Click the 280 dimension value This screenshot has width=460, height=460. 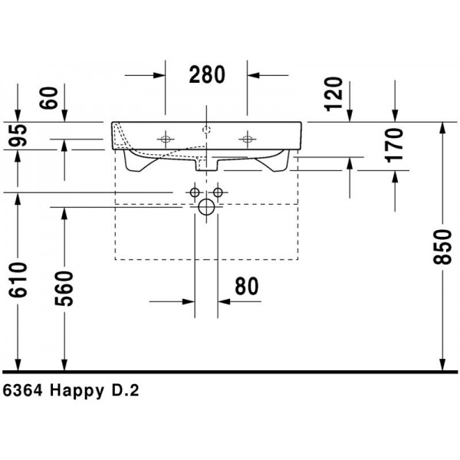coord(207,75)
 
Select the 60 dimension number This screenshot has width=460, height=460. coord(49,98)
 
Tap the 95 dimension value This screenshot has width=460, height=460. coord(18,135)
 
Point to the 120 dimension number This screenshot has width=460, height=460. coord(333,94)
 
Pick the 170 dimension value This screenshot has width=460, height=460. coord(394,145)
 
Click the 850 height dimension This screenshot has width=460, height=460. coord(442,247)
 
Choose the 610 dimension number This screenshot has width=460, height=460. coord(18,280)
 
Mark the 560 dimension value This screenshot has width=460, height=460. coord(64,288)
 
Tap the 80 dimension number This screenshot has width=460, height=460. coord(247,286)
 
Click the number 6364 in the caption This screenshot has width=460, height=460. coord(22,391)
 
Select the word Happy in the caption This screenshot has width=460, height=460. coord(77,392)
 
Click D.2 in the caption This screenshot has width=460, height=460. coord(125,391)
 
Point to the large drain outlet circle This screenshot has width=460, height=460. coord(206,207)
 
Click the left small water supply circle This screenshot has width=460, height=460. coord(195,192)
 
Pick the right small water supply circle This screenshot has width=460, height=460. coord(218,192)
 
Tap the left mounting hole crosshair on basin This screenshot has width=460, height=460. coord(166,139)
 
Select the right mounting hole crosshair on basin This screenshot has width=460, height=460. coord(247,139)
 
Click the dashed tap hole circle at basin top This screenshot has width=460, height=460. coord(206,130)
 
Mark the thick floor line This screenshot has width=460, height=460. coord(230,372)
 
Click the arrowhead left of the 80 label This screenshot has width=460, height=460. coord(189,301)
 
